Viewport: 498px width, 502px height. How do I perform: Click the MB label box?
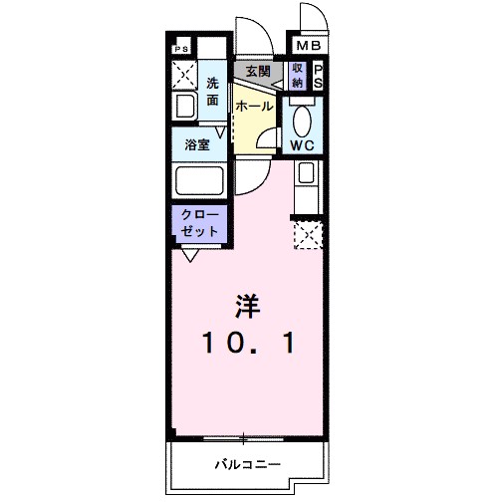(x=305, y=46)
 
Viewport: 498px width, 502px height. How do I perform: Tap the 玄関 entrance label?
(x=258, y=71)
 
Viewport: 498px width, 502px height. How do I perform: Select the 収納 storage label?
(x=297, y=75)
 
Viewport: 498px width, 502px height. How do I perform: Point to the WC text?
(x=303, y=145)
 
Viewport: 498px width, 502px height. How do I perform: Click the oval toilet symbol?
(x=303, y=118)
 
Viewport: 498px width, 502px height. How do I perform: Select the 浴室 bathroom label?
(x=197, y=145)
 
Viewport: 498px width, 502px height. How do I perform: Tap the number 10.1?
(x=249, y=344)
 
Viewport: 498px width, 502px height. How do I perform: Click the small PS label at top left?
(x=181, y=48)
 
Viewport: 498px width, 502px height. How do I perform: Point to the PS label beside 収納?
(x=318, y=75)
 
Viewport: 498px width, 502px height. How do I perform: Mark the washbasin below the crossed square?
(x=186, y=107)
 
